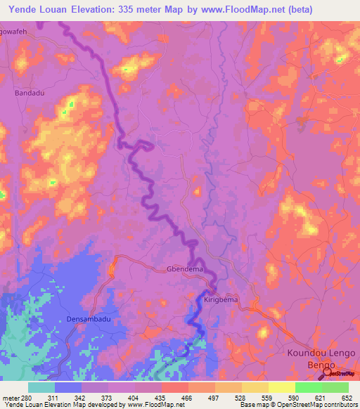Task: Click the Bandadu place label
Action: click(x=29, y=92)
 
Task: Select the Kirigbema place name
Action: click(x=221, y=299)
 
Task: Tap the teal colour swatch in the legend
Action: click(x=41, y=387)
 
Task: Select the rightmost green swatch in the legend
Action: click(x=335, y=387)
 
